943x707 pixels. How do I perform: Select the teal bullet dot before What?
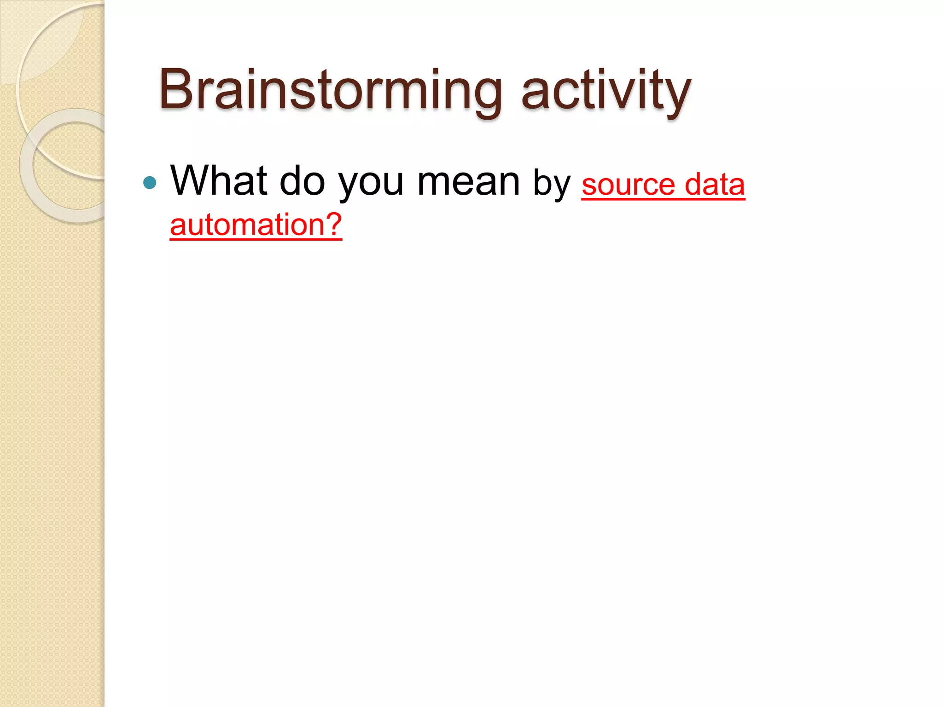pos(150,183)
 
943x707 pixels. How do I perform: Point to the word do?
pos(302,180)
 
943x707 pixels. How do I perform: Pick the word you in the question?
pos(371,183)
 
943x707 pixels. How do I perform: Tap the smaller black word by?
pos(552,184)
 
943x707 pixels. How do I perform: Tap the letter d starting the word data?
pos(694,184)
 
